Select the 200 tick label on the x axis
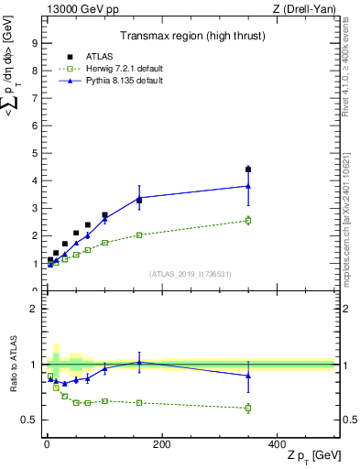point(161,444)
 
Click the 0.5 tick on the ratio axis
point(29,420)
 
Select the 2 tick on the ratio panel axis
point(34,309)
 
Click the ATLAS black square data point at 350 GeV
point(248,169)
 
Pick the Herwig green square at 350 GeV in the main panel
point(248,220)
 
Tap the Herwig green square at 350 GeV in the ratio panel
point(248,408)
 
